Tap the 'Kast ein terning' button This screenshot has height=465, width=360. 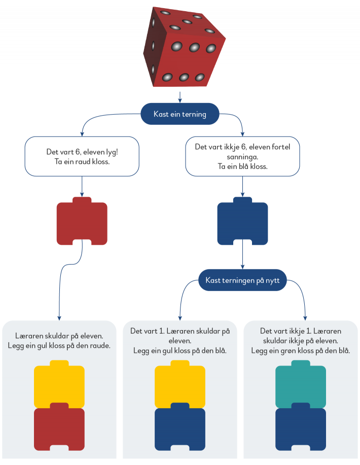click(x=180, y=114)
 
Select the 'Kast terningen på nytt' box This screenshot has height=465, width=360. click(x=243, y=280)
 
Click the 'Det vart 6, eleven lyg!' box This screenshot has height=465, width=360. click(x=82, y=156)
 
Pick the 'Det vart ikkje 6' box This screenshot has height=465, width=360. click(x=242, y=156)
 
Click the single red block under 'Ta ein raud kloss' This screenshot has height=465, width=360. click(x=82, y=224)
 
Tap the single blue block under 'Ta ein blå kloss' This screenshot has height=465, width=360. click(x=242, y=224)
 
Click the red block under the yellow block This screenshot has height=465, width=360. click(x=59, y=429)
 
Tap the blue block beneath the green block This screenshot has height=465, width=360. click(x=300, y=429)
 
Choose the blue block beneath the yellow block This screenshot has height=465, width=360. click(x=180, y=429)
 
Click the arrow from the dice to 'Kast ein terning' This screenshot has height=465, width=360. click(x=180, y=96)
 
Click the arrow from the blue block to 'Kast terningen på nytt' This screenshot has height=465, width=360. click(x=243, y=258)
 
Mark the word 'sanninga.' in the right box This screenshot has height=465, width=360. click(x=242, y=157)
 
